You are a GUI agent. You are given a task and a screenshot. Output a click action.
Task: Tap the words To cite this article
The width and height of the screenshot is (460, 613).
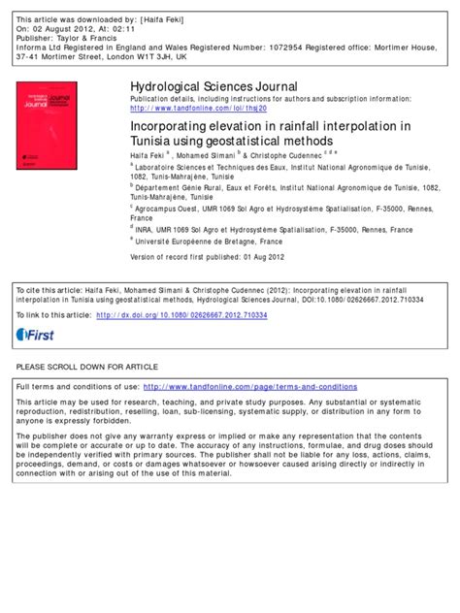[47, 291]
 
